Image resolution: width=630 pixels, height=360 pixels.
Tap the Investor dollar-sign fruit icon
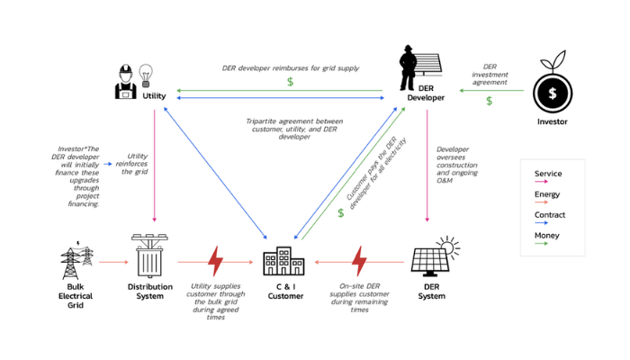[x=552, y=89]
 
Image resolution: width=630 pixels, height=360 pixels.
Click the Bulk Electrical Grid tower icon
[x=75, y=260]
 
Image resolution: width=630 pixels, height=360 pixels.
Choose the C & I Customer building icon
[x=283, y=260]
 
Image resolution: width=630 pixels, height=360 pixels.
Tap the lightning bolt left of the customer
[x=215, y=261]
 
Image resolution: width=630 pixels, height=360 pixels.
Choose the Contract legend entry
[x=548, y=215]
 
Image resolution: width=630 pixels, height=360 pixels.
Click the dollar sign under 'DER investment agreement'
[x=489, y=101]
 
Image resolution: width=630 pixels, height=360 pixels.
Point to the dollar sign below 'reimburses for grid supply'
[x=290, y=82]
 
